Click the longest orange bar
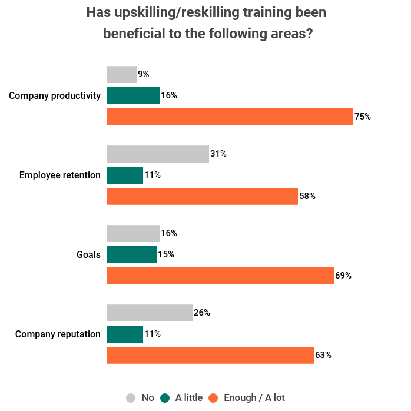230,117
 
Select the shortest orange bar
202,196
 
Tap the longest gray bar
158,154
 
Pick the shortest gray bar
121,75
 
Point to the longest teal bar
133,95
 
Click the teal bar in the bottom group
125,334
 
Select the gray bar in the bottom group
150,313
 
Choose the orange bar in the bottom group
210,355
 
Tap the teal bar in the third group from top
131,254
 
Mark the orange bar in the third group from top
220,276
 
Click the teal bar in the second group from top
125,175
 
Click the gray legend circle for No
131,398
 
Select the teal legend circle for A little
164,398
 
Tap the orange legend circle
213,398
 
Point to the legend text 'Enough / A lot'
254,398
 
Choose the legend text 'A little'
188,398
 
